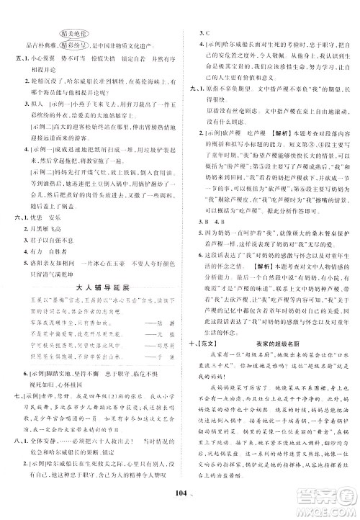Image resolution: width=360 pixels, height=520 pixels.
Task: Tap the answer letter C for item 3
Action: pos(210,33)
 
